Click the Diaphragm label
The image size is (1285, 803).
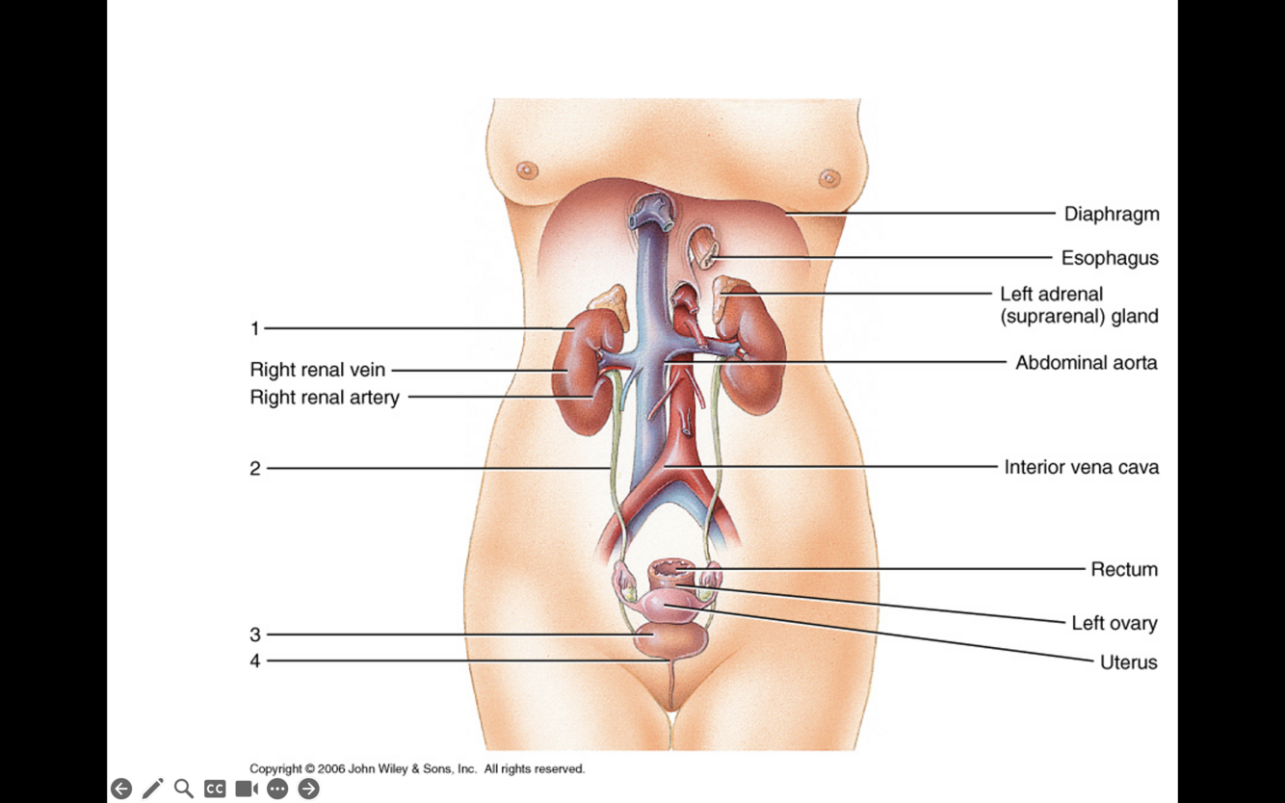point(1111,214)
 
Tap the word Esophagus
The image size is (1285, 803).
point(1109,258)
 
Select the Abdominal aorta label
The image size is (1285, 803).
point(1086,363)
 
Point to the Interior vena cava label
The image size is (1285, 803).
point(1081,467)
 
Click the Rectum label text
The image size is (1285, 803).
point(1123,569)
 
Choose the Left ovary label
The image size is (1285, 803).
point(1114,623)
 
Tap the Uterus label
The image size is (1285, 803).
point(1128,662)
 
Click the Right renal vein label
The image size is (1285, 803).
point(317,370)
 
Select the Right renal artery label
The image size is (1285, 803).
point(324,397)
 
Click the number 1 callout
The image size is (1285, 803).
point(255,329)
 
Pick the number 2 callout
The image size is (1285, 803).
point(255,469)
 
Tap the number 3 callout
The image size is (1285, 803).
point(255,635)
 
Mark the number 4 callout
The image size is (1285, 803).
point(255,661)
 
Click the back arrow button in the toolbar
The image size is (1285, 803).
point(121,789)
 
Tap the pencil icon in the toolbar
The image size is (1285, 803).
point(152,789)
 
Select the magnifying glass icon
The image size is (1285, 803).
point(183,789)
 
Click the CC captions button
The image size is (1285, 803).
point(215,789)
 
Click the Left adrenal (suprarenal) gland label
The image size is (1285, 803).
point(1078,305)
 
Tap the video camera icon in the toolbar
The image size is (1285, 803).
point(247,789)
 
